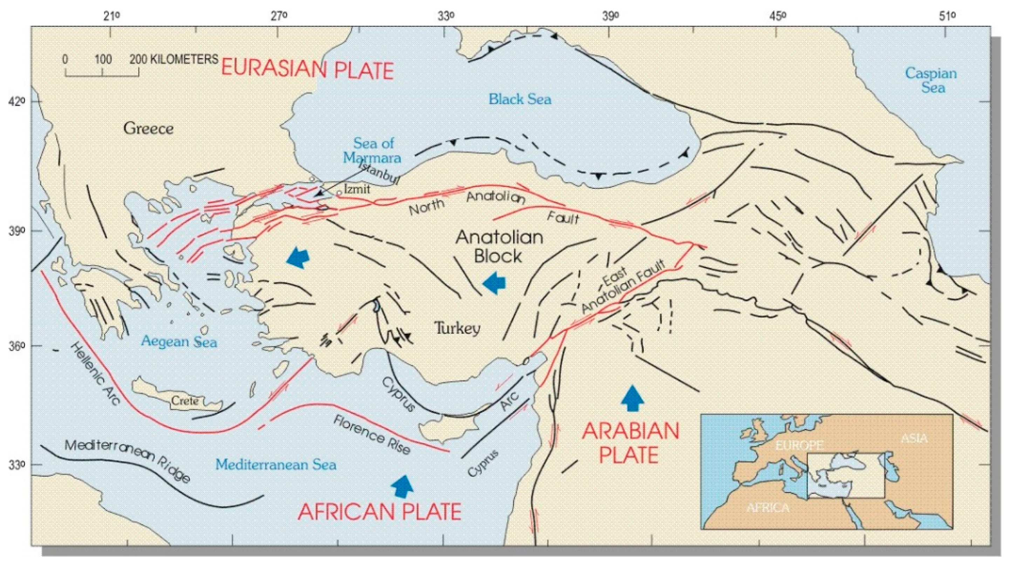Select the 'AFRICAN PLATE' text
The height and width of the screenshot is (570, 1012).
379,512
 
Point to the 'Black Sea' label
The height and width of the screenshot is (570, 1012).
520,99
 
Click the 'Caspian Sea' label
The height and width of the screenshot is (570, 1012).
931,80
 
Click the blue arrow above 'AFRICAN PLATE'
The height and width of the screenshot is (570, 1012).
403,486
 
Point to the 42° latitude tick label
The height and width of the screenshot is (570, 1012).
16,102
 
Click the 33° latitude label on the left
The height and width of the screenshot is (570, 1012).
16,466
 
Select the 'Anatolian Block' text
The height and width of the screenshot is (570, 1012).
499,246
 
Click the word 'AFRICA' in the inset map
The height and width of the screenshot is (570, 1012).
767,508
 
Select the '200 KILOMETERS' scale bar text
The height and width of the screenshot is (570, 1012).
174,59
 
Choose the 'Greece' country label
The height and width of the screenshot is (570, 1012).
148,128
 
